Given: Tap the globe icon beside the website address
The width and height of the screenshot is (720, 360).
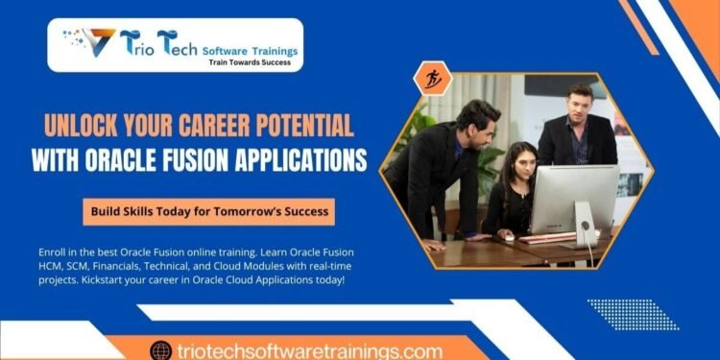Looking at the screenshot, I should pyautogui.click(x=160, y=350).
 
